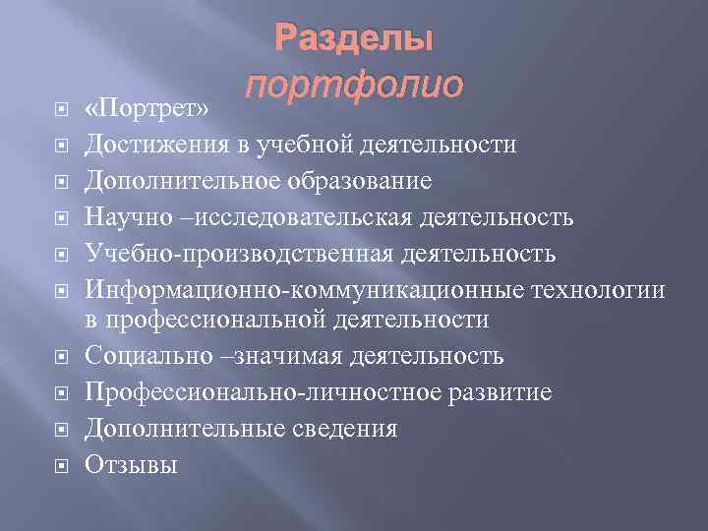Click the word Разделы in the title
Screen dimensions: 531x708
click(x=353, y=40)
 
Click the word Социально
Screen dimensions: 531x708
click(x=144, y=355)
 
